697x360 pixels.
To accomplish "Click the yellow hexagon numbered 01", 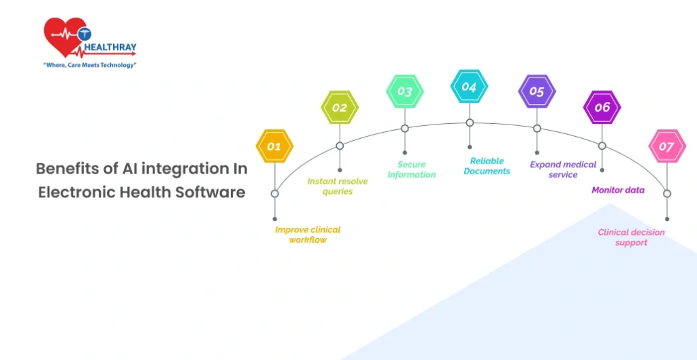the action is coord(275,146).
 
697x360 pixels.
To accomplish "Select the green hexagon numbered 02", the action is coord(340,107).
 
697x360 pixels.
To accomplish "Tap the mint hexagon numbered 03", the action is coord(404,91).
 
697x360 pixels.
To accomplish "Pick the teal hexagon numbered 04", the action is coord(470,86).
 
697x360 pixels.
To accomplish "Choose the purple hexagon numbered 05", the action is coord(537,91).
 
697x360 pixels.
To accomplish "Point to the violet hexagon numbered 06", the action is coord(602,107).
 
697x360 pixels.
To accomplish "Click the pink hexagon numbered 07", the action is coord(667,146).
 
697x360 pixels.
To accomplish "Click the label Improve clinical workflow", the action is coord(308,235).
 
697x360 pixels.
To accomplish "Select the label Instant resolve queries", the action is coord(338,186).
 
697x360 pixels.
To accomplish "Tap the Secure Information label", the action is coord(412,169).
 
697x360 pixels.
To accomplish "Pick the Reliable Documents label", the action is coord(487,166).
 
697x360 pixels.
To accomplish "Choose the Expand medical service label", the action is coord(563,169).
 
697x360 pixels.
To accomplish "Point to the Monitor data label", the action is coord(618,191).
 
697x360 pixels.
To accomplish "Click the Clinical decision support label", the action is coord(631,238).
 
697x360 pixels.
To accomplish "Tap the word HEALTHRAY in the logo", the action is coord(110,47).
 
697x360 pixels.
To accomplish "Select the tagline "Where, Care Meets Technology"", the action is coord(89,65).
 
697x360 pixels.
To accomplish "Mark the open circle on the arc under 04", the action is coord(470,122).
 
